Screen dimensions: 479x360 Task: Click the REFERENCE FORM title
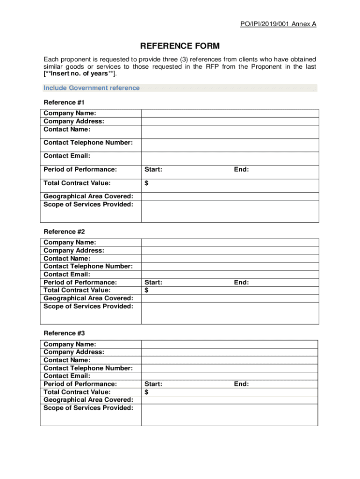point(180,46)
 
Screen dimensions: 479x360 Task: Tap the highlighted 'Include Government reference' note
point(92,88)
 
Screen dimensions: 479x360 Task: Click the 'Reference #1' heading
point(64,102)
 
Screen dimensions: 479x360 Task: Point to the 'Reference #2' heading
point(64,232)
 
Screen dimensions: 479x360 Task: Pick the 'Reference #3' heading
point(64,333)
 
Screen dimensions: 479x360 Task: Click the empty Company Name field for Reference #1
point(230,113)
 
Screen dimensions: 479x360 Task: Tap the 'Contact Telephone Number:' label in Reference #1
point(88,143)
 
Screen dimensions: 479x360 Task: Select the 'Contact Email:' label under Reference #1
point(67,156)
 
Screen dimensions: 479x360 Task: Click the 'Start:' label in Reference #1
point(153,170)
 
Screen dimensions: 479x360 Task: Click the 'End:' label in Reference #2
point(241,283)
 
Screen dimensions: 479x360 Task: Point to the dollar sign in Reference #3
point(146,392)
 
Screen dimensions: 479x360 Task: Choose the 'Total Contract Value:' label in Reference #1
point(77,183)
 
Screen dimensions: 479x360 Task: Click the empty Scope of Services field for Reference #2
point(230,313)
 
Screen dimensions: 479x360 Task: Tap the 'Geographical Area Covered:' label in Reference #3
point(88,400)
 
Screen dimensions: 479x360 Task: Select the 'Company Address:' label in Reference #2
point(74,251)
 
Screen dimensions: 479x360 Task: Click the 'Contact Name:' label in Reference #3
point(67,360)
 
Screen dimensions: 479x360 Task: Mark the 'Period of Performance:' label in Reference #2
point(80,283)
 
